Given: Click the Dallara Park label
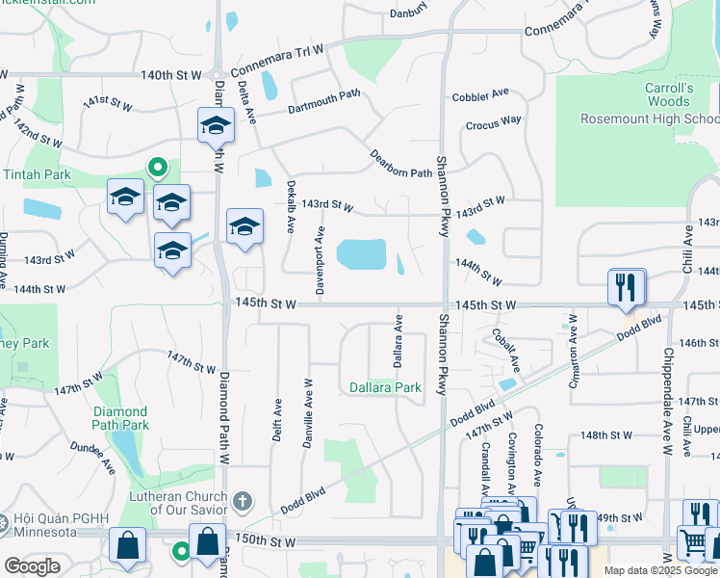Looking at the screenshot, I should tap(385, 387).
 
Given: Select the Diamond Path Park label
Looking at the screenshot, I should tap(120, 418).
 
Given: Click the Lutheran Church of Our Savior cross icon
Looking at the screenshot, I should tap(242, 501).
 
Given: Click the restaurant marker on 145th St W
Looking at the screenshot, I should tap(627, 286).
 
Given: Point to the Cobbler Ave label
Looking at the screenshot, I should tap(480, 94).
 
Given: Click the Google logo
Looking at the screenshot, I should tap(31, 565).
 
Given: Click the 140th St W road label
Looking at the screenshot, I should tap(171, 74).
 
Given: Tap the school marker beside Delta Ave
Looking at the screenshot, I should tap(217, 125).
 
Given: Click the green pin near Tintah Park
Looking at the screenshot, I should tap(158, 168).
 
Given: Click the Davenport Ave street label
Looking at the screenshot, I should tap(321, 250).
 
